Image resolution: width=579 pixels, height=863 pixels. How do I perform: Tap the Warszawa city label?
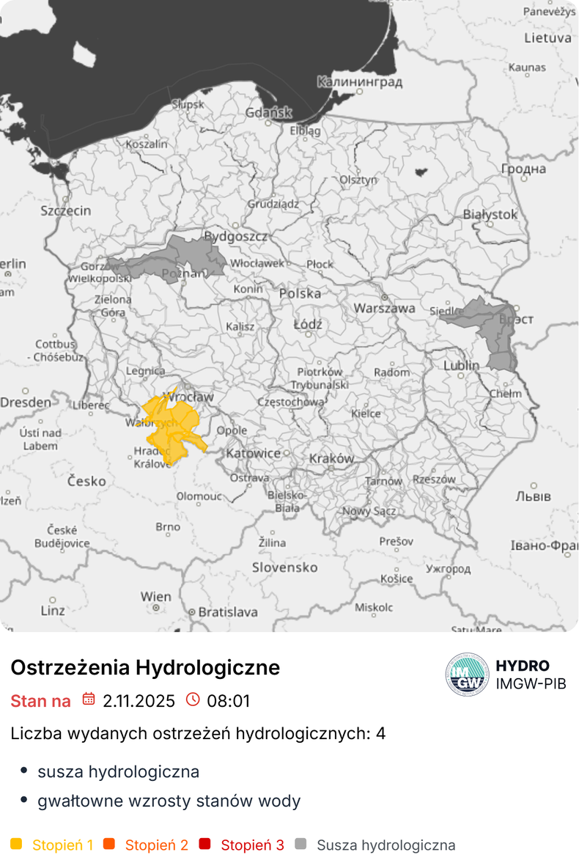(385, 309)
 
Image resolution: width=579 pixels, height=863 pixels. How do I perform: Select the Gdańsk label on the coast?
(269, 113)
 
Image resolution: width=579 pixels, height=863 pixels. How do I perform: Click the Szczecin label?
(66, 211)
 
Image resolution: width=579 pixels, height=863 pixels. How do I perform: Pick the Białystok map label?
(490, 215)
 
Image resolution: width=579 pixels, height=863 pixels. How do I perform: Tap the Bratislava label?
(228, 612)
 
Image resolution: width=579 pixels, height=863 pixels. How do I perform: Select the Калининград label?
(360, 81)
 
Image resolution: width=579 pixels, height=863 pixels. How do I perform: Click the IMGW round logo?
(467, 674)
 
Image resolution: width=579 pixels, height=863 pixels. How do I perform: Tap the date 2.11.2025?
(139, 701)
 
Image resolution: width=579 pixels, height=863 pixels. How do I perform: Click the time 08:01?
(228, 701)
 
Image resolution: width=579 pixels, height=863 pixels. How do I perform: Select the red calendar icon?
(89, 699)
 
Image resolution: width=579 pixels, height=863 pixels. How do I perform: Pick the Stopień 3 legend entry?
(252, 845)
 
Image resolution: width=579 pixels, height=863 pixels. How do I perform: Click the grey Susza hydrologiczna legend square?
(300, 845)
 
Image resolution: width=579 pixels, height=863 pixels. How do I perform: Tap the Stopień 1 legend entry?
(62, 845)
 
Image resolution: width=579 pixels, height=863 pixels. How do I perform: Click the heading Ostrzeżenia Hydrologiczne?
(145, 668)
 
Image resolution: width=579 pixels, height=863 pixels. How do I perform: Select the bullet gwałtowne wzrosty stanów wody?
(169, 801)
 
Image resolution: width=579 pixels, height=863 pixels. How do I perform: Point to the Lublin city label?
(462, 365)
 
